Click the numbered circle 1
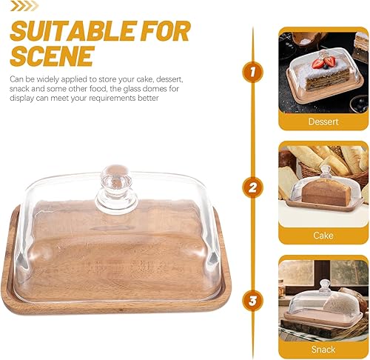coord(253,72)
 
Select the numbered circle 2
coord(253,187)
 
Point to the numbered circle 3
coord(253,301)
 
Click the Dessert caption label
coord(323,121)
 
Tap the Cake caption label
coord(323,235)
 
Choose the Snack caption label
coord(323,349)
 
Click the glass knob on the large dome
coord(115,179)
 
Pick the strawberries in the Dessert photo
coord(323,62)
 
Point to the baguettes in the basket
coord(329,159)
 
